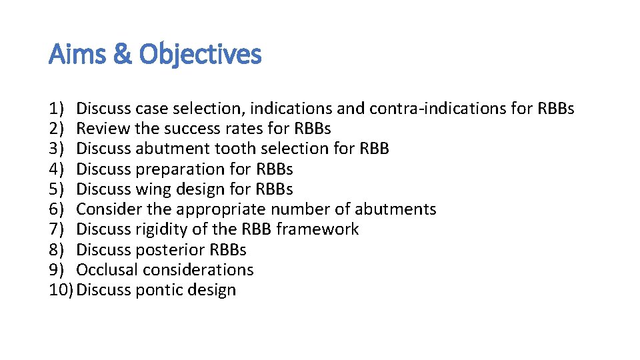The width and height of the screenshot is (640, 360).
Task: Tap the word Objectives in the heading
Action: pos(200,55)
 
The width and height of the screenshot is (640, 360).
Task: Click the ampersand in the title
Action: pos(123,55)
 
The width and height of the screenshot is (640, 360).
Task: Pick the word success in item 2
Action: pos(194,128)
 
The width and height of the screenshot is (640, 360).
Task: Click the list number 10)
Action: pos(61,290)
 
